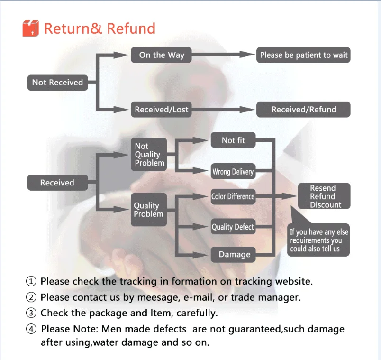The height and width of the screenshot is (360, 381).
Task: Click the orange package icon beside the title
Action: point(30,28)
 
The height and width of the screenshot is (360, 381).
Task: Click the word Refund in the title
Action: point(131,28)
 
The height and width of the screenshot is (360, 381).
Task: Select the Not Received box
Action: point(57,83)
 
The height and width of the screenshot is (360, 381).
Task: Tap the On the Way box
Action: point(162,55)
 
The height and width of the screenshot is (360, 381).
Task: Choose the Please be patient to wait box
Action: point(304,55)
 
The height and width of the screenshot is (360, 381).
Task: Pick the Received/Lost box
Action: point(162,110)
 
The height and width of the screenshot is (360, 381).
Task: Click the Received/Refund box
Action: point(304,110)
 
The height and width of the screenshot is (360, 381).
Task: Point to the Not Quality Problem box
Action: point(149,155)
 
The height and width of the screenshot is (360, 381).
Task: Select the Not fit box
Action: point(234,140)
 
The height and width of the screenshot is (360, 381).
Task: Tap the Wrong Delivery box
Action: point(233,172)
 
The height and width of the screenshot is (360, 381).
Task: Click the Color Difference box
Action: point(233,196)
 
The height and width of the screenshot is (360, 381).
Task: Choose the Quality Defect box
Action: point(233,227)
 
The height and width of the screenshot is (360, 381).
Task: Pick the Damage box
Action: point(234,255)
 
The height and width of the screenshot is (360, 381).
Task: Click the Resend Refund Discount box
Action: point(323,196)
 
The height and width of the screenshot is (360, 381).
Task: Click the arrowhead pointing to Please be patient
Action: point(249,55)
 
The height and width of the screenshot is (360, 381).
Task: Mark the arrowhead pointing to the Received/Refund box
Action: point(249,110)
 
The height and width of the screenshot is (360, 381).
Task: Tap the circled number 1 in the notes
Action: point(31,281)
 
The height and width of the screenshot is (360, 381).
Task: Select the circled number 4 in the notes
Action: point(31,329)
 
